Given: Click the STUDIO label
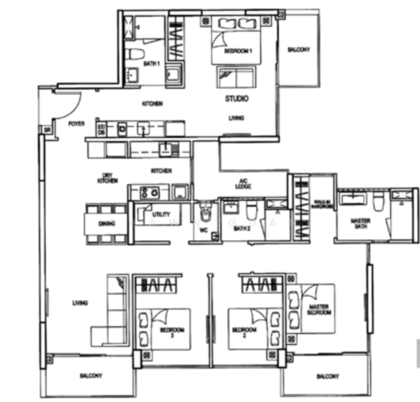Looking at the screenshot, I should (236, 98).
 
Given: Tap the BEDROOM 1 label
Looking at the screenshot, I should (237, 52).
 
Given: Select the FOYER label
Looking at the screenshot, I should (76, 125).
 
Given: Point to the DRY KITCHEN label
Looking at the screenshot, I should (108, 178).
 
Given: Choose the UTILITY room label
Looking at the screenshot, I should (161, 215).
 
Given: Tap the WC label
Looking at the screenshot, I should (204, 230).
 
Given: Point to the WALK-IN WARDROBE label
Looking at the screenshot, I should (322, 204).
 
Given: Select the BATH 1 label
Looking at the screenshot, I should (152, 64).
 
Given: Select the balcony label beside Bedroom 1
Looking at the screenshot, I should (298, 50).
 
